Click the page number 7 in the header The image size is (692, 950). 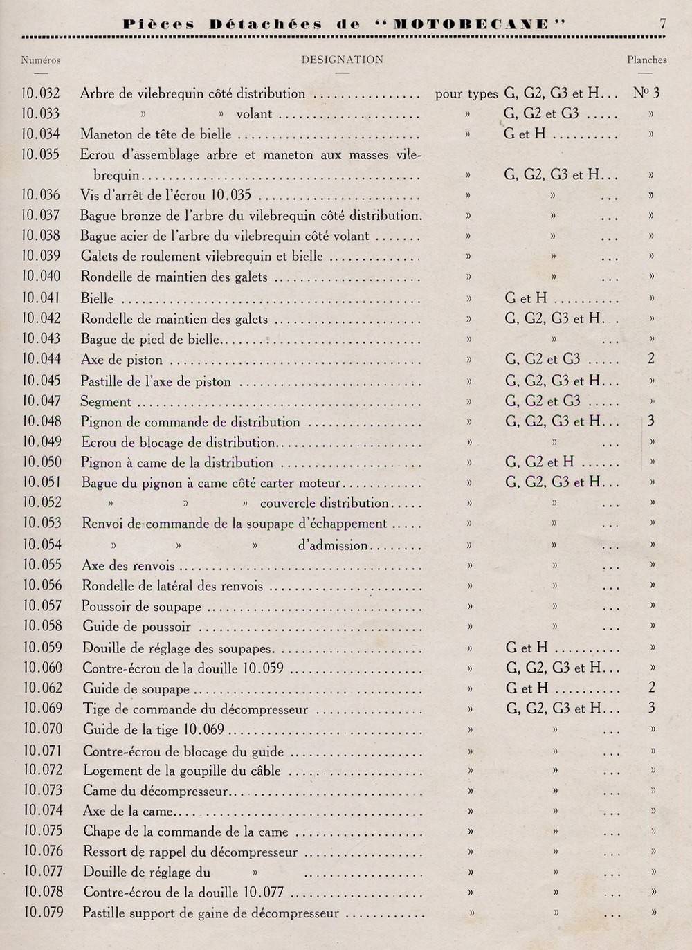click(x=662, y=24)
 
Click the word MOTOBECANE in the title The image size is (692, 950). click(x=471, y=24)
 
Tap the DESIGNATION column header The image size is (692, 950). click(x=342, y=60)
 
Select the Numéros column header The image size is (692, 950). click(x=41, y=60)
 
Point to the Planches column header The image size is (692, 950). click(x=647, y=60)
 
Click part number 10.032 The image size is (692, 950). click(x=41, y=93)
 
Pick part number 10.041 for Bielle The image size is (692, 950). click(x=41, y=298)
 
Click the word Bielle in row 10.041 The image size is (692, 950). click(x=97, y=299)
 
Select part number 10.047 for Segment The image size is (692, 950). click(x=42, y=401)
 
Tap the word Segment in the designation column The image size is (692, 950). click(x=106, y=402)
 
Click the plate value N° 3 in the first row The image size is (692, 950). click(x=646, y=93)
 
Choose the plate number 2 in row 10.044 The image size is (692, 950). click(x=650, y=359)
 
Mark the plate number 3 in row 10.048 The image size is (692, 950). click(x=650, y=421)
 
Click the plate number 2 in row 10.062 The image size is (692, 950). click(x=651, y=688)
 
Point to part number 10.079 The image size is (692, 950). click(x=43, y=912)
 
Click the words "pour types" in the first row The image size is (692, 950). click(x=466, y=94)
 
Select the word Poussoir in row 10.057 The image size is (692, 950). click(x=107, y=607)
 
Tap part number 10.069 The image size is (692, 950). click(x=43, y=708)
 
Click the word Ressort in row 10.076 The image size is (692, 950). click(x=107, y=852)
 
